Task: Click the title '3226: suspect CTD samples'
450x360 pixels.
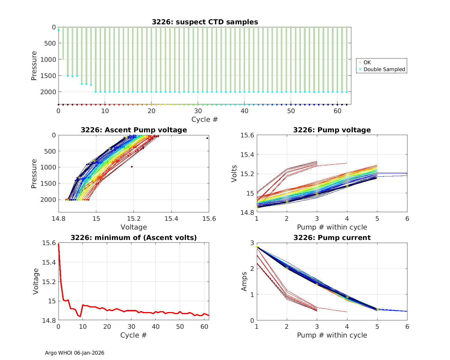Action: pos(205,22)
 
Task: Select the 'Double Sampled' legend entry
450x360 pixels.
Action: pos(384,70)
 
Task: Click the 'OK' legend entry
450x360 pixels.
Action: pos(367,62)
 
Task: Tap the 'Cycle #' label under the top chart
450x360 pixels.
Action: pos(205,119)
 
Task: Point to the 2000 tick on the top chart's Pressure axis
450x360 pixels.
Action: pos(48,92)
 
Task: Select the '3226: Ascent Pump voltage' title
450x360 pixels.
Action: pos(134,130)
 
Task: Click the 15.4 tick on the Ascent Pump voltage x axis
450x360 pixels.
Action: pos(171,219)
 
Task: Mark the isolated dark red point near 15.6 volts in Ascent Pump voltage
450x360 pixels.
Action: pos(207,138)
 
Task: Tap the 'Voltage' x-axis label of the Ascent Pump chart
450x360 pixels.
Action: pos(134,227)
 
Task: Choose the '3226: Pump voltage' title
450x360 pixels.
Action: pos(332,130)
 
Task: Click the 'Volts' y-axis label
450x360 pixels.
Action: pos(234,174)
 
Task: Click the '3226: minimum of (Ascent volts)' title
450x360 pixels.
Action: pos(134,238)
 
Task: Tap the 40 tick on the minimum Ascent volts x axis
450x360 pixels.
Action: pos(156,327)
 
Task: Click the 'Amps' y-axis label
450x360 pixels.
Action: pos(244,281)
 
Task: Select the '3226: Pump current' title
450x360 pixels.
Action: pos(332,238)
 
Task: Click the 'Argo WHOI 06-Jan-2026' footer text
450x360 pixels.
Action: pos(75,353)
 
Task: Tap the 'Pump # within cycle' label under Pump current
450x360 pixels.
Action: pos(332,335)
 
